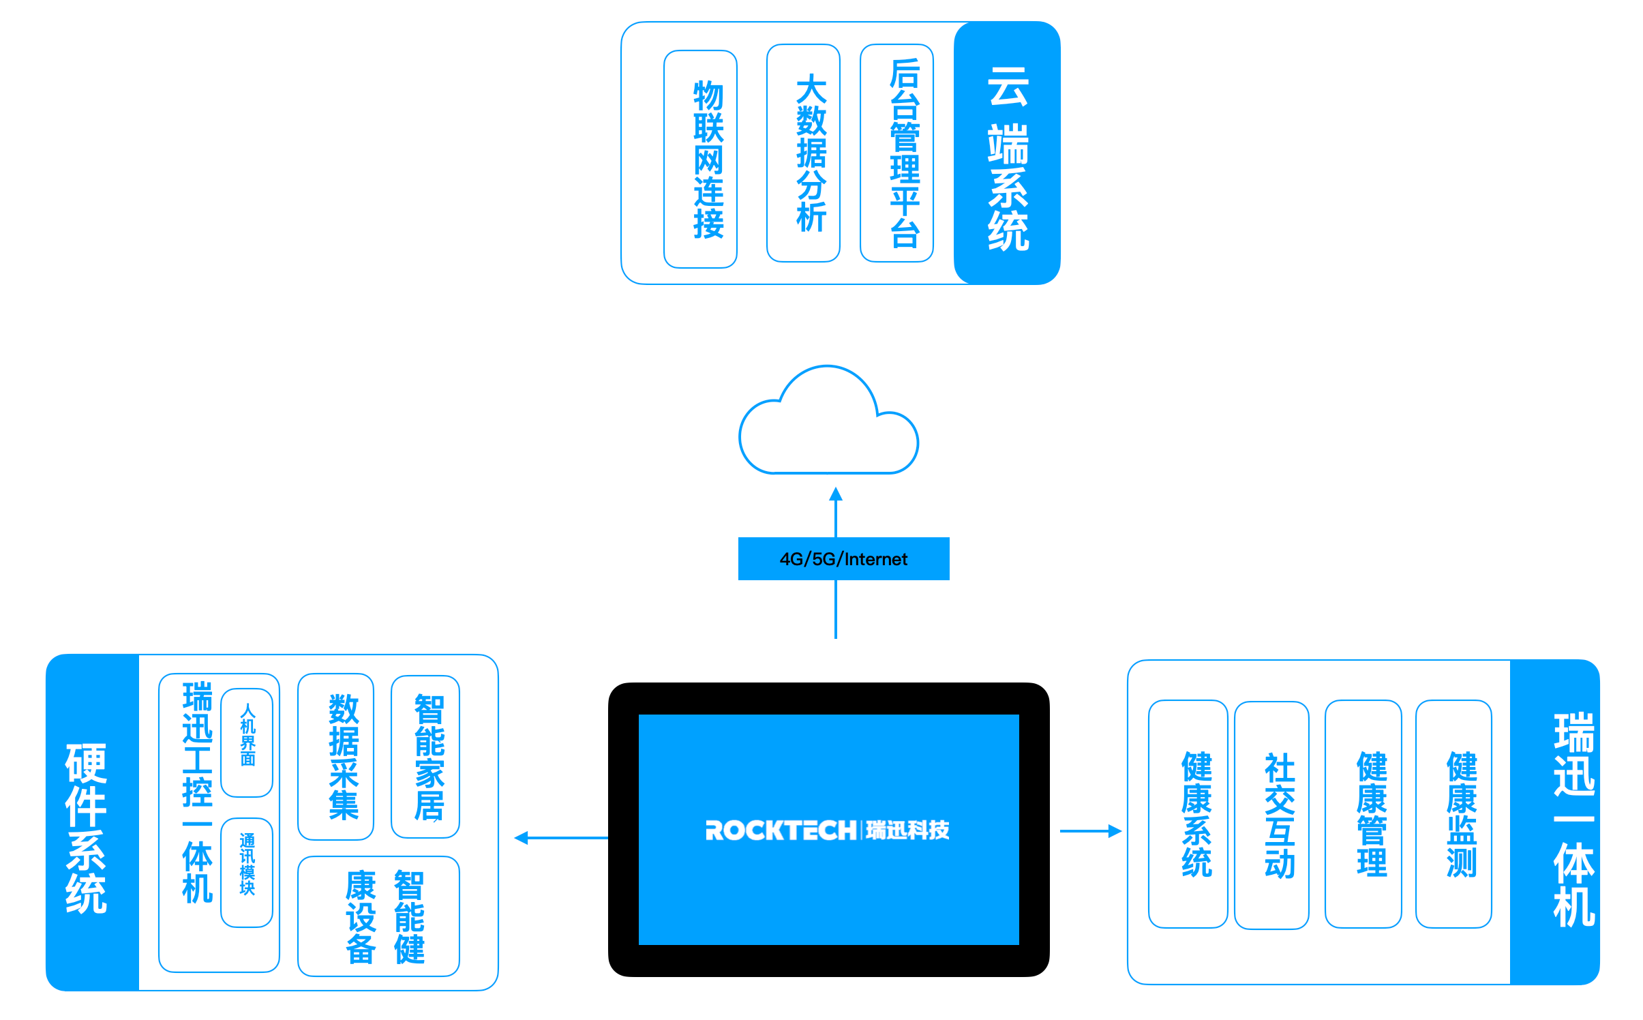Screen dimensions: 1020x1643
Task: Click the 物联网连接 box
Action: point(700,159)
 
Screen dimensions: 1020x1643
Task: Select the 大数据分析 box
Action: point(803,153)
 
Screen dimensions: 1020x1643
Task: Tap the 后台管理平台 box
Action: point(896,153)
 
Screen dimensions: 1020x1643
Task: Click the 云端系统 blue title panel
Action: point(1007,153)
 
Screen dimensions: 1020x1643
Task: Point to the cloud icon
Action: point(828,426)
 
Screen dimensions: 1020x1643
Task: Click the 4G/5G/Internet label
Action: point(843,559)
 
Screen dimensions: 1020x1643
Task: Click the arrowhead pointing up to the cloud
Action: point(836,494)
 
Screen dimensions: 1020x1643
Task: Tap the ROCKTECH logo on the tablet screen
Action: point(828,830)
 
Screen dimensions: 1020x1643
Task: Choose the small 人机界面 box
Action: point(247,742)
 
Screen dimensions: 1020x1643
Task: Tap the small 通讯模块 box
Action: point(247,872)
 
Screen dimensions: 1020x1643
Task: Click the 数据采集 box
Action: point(336,757)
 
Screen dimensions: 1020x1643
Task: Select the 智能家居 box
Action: point(425,757)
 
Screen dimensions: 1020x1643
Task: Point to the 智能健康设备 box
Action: point(379,916)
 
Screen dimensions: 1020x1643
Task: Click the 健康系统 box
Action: point(1188,814)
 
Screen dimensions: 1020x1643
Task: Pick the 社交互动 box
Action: point(1271,815)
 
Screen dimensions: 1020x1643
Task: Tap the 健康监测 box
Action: point(1453,814)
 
